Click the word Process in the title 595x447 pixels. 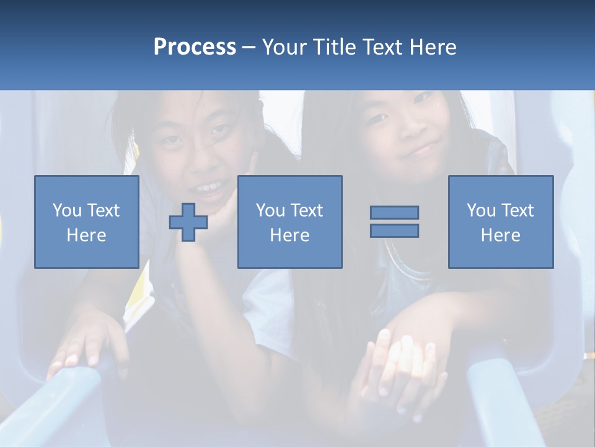[x=195, y=47]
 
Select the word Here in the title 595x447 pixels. [x=432, y=47]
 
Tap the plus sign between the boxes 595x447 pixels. [x=188, y=222]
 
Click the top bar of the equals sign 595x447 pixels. [x=394, y=212]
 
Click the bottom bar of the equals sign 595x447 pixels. [x=394, y=231]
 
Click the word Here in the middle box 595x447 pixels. [x=289, y=235]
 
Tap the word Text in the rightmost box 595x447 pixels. [x=518, y=210]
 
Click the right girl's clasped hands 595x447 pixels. [x=397, y=366]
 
